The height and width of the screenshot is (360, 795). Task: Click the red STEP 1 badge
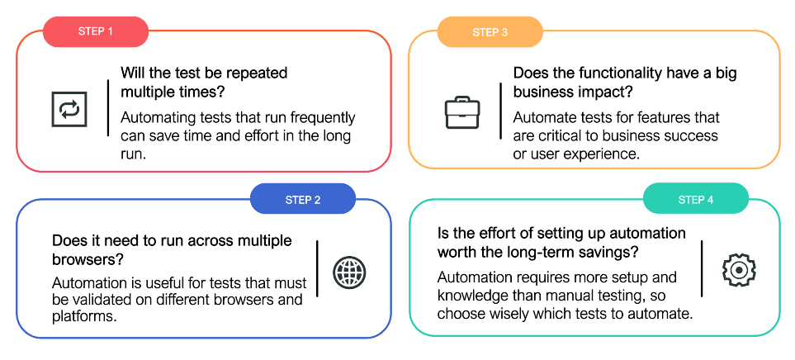(95, 32)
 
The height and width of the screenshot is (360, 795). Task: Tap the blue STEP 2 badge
(303, 200)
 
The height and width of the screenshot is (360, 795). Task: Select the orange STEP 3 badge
(490, 32)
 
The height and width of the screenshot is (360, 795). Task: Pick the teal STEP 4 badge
(696, 200)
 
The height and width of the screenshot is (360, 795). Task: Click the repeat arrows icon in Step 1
(69, 109)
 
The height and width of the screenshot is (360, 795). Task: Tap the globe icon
(349, 272)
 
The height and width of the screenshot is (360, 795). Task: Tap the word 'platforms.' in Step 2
(84, 316)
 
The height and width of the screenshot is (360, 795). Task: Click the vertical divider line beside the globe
(317, 269)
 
